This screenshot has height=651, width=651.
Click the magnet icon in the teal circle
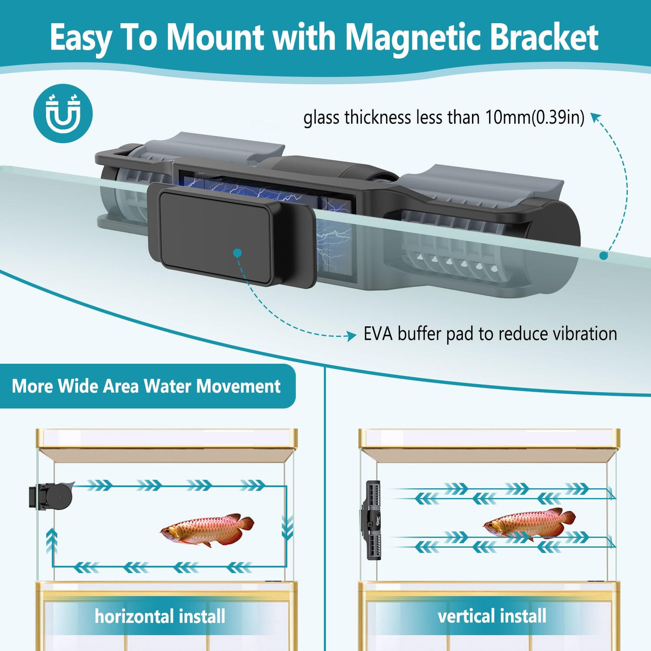63,113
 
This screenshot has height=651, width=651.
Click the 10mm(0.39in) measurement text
535,118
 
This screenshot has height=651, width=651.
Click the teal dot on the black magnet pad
238,253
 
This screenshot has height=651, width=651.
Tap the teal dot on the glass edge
604,255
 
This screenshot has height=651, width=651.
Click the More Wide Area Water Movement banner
146,386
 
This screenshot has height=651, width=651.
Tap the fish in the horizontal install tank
207,529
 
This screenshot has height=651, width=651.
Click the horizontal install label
160,616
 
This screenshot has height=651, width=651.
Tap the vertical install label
492,616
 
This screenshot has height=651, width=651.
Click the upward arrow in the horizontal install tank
52,542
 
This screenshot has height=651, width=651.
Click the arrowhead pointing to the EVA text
352,335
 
